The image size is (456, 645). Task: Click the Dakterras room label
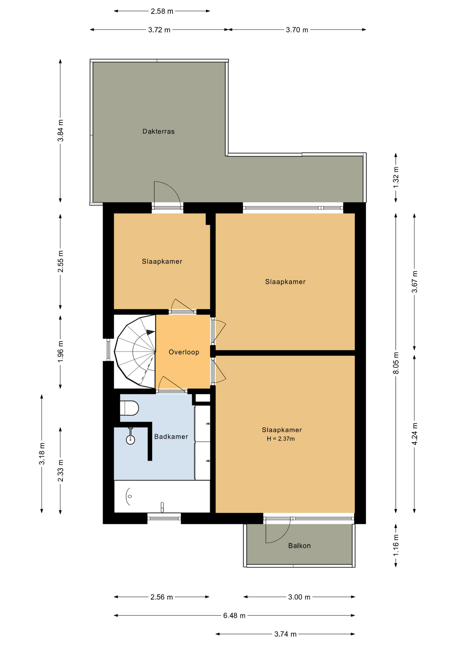tap(158, 131)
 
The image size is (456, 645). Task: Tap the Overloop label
tap(184, 352)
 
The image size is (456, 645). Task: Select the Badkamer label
tap(171, 436)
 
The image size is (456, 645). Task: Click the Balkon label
tap(299, 546)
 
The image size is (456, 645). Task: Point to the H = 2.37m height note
tap(281, 439)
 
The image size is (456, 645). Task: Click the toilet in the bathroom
tap(130, 408)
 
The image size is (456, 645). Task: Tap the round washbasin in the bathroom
tap(130, 439)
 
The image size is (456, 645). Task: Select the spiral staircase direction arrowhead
tap(151, 332)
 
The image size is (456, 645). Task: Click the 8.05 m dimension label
tap(396, 363)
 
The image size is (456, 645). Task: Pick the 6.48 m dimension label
tap(234, 615)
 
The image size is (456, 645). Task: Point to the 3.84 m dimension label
tap(60, 131)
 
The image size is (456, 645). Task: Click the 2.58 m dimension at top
tap(162, 11)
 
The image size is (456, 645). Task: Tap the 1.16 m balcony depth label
tap(396, 545)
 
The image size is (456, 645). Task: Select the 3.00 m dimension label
tap(299, 597)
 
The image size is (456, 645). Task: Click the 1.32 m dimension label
tap(396, 177)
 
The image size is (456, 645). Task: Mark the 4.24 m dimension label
tap(415, 434)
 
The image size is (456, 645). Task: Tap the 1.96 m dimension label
tap(60, 351)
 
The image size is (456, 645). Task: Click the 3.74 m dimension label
tap(285, 634)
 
